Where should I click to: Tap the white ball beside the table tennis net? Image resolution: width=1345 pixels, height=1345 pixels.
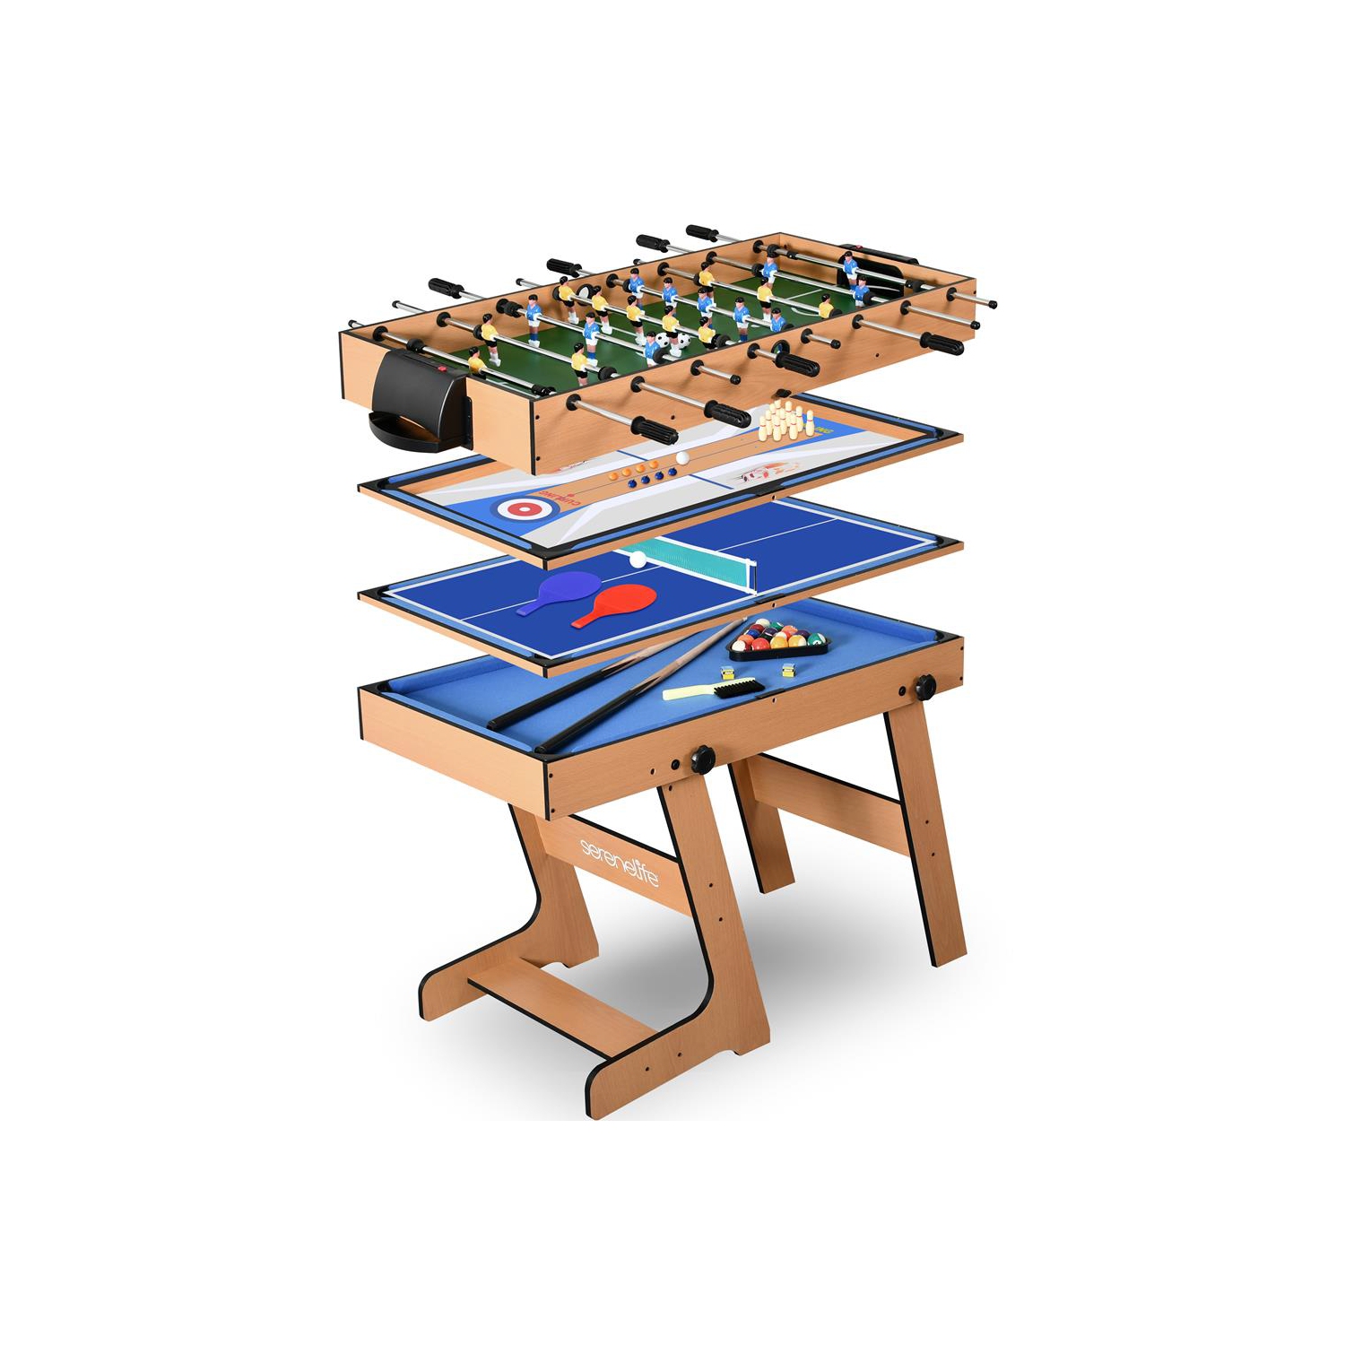638,560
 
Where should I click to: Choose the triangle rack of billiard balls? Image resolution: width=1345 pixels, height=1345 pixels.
777,638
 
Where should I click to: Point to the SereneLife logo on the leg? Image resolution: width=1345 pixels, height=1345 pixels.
620,862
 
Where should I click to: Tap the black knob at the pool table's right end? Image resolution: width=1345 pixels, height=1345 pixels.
924,688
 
